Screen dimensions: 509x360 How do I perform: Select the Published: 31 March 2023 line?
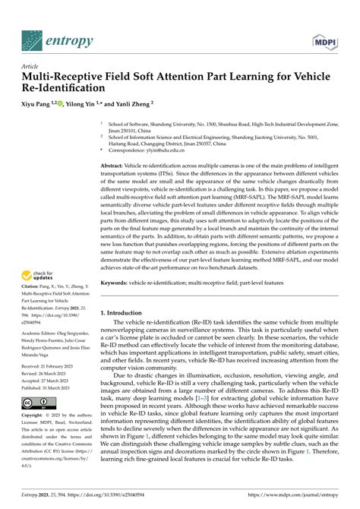(45, 386)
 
